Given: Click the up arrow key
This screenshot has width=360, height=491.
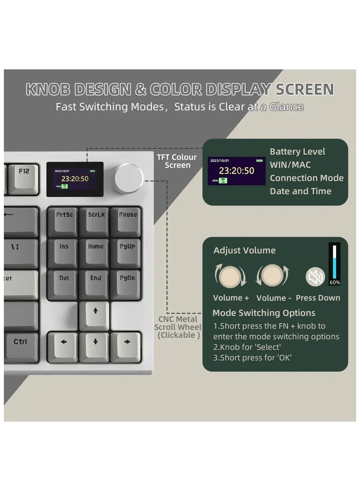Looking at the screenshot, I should pos(95,314).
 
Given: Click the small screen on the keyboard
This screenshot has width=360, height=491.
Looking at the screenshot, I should pos(75,179).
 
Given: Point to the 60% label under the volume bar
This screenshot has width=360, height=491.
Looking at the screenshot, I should pos(335,282).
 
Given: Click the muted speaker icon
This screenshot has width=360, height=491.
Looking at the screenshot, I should pos(315,277).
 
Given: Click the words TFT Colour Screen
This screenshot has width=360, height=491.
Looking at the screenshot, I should pos(177,161).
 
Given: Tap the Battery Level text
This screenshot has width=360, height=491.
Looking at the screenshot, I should pos(297,152).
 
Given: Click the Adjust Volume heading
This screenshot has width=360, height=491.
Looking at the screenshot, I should pos(244,250).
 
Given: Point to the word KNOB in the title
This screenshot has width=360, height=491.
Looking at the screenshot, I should pos(49,89).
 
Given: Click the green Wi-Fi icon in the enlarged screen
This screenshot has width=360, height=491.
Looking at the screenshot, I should pos(223,181).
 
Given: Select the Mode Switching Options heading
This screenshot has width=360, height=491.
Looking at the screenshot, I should pos(264,313).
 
